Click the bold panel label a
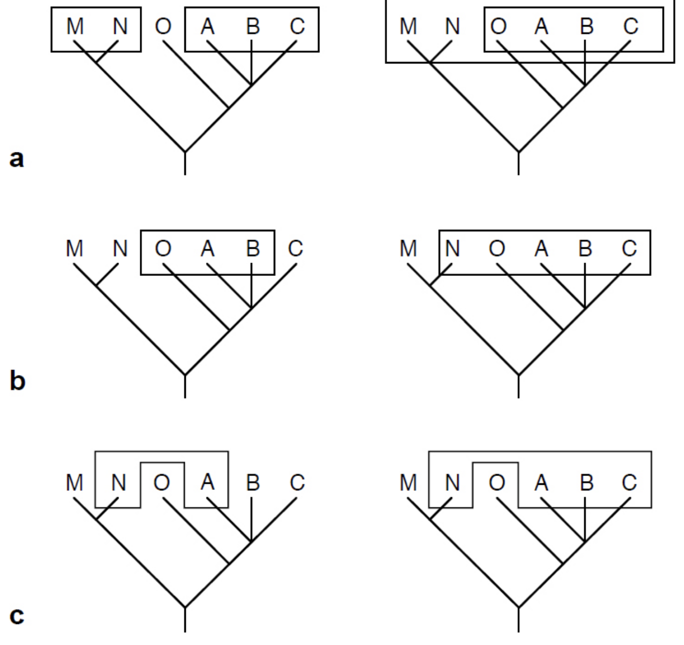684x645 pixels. [x=16, y=159]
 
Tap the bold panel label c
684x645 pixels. [x=16, y=615]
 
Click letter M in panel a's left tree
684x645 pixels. [x=75, y=26]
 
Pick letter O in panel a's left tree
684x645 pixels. [x=163, y=26]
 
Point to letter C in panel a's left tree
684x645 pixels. [x=297, y=26]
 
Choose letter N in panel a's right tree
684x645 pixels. [x=453, y=26]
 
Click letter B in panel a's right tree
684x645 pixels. [x=586, y=26]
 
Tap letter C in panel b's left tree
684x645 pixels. [x=296, y=248]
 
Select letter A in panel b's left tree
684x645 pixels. [x=207, y=248]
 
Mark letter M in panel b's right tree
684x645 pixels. [x=409, y=248]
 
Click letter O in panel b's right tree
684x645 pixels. [x=497, y=248]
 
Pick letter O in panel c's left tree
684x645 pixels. [x=162, y=482]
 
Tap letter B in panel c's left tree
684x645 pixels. [x=252, y=482]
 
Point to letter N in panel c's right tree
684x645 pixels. [x=453, y=482]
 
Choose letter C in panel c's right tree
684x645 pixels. [x=630, y=482]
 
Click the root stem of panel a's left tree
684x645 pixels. [x=185, y=164]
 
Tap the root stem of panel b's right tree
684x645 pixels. [x=519, y=386]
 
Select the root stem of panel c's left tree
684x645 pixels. [x=185, y=620]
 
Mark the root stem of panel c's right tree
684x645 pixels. [x=519, y=620]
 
